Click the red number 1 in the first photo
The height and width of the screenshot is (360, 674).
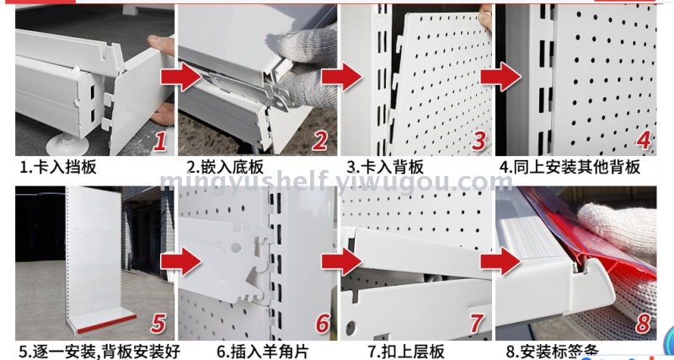pyautogui.click(x=159, y=141)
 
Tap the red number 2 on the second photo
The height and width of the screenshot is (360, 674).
pyautogui.click(x=319, y=141)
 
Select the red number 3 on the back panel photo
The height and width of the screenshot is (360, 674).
pyautogui.click(x=479, y=141)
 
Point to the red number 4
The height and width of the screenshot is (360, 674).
pyautogui.click(x=643, y=140)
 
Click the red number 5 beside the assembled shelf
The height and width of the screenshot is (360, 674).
pyautogui.click(x=158, y=324)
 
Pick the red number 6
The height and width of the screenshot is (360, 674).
pyautogui.click(x=323, y=324)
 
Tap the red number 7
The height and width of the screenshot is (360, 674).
pyautogui.click(x=477, y=324)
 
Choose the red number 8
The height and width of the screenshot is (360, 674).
pyautogui.click(x=643, y=324)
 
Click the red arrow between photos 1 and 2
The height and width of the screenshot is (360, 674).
pyautogui.click(x=181, y=78)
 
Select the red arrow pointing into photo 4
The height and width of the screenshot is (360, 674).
pyautogui.click(x=500, y=78)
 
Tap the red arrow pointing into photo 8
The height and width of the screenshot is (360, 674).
pyautogui.click(x=500, y=261)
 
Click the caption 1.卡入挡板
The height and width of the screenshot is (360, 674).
pyautogui.click(x=58, y=167)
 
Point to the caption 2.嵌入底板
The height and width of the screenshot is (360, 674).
pyautogui.click(x=225, y=167)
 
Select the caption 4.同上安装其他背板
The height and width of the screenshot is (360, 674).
pyautogui.click(x=570, y=167)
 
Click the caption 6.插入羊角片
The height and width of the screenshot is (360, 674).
pyautogui.click(x=263, y=352)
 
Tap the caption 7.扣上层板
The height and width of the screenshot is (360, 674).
pyautogui.click(x=406, y=352)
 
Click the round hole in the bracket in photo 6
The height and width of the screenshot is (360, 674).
pyautogui.click(x=236, y=247)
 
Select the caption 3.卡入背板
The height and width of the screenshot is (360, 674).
pyautogui.click(x=386, y=167)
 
